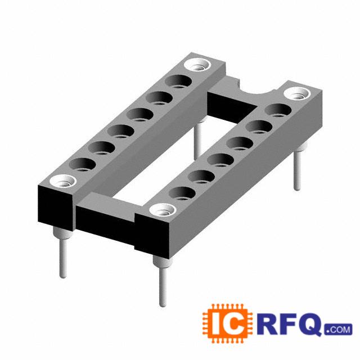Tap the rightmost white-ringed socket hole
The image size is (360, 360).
click(297, 94)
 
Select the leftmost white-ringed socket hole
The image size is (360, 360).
click(62, 181)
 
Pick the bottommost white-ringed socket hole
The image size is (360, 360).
click(163, 210)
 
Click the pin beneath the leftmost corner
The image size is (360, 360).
click(62, 252)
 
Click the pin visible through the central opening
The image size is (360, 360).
click(199, 138)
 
